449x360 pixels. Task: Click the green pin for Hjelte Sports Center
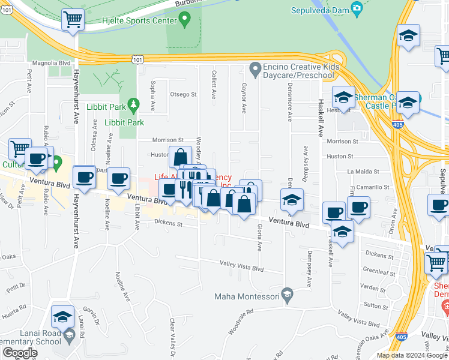point(185,20)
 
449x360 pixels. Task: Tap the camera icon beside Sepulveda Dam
point(357,8)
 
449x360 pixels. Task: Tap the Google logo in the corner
point(20,353)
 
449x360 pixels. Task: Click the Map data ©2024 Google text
point(411,355)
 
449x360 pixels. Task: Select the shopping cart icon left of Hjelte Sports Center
point(73,20)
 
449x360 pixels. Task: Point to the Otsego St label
point(183,94)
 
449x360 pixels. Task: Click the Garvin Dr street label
point(91,315)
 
